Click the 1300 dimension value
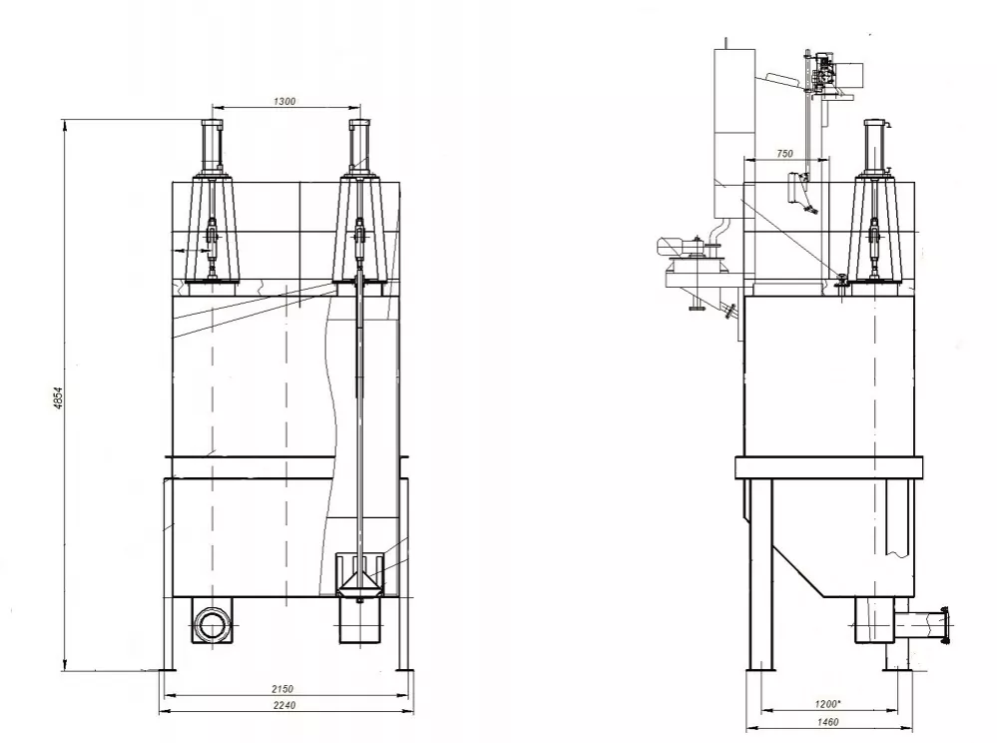pos(284,101)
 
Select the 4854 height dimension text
pos(58,397)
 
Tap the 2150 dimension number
pos(282,689)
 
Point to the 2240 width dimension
pos(284,705)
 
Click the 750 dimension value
pos(784,154)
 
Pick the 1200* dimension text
pos(827,704)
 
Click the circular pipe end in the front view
pos(212,625)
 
